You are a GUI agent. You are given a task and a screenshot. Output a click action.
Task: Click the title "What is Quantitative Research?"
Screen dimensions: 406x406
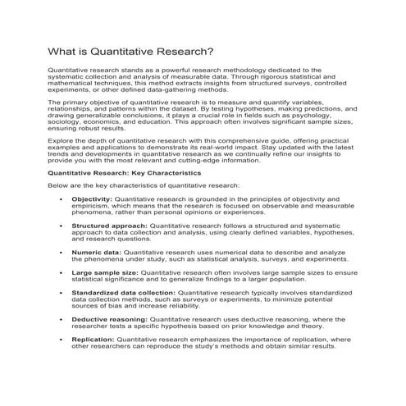[132, 51]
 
